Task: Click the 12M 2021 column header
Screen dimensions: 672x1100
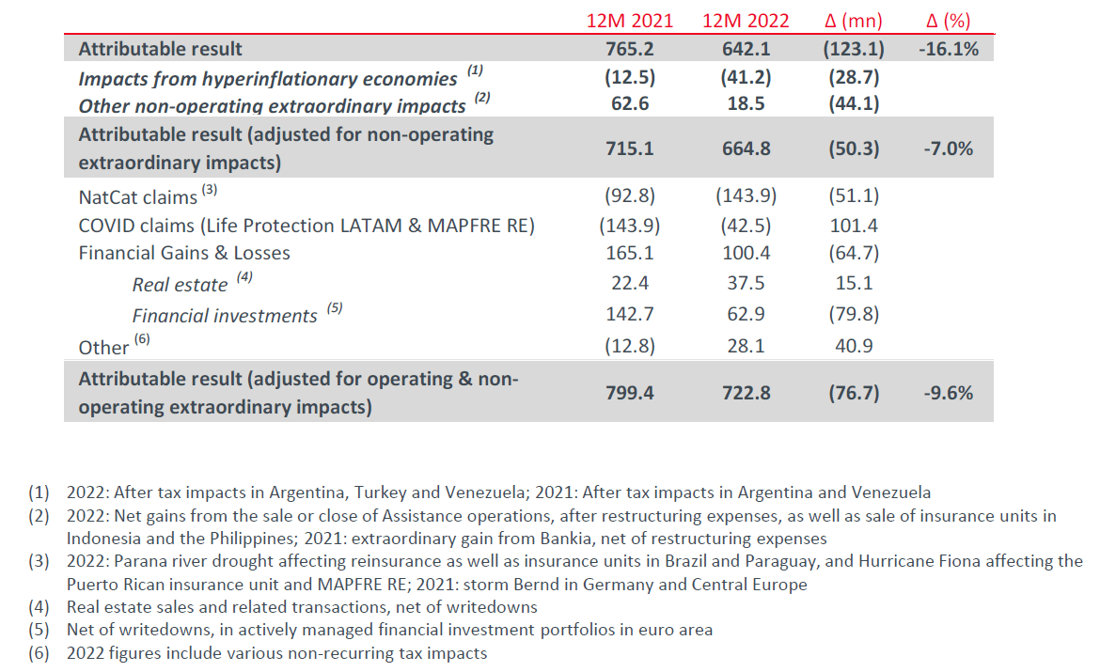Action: point(629,20)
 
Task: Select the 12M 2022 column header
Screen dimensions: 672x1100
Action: point(746,20)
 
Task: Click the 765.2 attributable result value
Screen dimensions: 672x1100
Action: point(629,49)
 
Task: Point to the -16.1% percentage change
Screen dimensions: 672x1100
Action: point(947,49)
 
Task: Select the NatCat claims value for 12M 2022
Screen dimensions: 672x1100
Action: point(746,196)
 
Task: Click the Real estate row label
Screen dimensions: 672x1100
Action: point(180,285)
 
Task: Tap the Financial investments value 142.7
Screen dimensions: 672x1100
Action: point(629,315)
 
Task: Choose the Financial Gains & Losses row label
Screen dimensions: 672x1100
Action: point(184,253)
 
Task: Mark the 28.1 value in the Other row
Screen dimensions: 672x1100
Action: point(746,346)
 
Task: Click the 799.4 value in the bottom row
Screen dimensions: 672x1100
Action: point(629,393)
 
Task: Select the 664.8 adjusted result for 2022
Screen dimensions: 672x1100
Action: point(746,148)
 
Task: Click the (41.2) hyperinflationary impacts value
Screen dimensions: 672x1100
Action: point(746,79)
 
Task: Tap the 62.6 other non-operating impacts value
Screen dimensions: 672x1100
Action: point(629,104)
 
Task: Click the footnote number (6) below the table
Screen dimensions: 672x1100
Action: point(38,653)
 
